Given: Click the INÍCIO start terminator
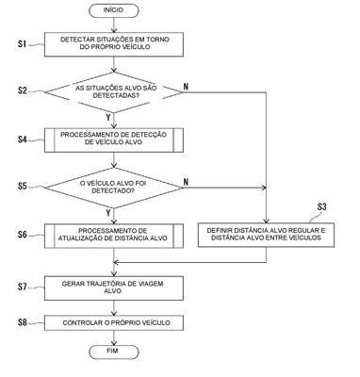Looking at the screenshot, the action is (114, 10).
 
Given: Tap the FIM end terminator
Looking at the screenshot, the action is (114, 352).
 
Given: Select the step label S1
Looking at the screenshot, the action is (22, 43).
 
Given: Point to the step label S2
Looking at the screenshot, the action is (23, 90).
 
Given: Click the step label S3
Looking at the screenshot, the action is (321, 206).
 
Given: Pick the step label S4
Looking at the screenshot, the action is (23, 139).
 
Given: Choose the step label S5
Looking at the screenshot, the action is (23, 186).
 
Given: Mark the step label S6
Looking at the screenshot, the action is (23, 235).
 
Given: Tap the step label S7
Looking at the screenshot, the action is (23, 287).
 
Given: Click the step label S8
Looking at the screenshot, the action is (23, 322).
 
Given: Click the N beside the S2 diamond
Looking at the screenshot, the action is (186, 87).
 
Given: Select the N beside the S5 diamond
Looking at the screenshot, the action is (186, 182).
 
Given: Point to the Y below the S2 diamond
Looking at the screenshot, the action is (108, 118).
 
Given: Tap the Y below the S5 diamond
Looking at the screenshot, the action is (108, 213).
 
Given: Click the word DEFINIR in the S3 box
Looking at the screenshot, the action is (219, 230).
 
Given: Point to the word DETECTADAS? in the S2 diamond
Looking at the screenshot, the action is (117, 96).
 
